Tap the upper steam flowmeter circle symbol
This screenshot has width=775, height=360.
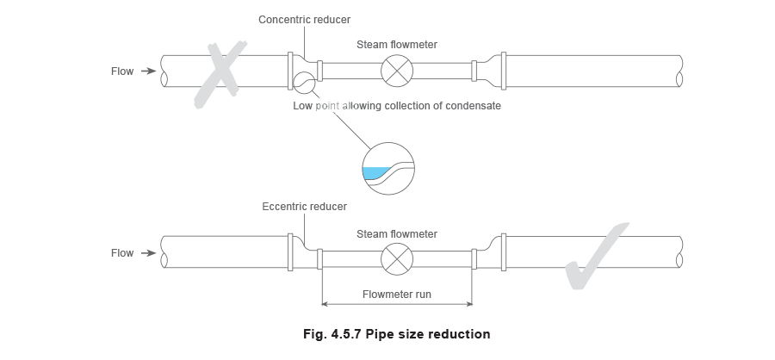[397, 71]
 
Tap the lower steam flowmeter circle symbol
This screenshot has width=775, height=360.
[397, 258]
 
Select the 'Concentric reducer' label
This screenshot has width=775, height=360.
[305, 20]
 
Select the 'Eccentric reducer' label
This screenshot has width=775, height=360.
[305, 207]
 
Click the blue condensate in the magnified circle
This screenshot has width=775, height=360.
[375, 172]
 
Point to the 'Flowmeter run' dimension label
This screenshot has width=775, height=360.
[397, 295]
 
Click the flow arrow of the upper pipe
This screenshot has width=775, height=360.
[148, 71]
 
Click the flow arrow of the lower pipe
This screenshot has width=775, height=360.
[148, 253]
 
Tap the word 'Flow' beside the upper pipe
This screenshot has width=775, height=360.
[122, 71]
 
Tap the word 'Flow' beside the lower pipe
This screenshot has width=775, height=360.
[122, 253]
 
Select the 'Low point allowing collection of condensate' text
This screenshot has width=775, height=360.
[397, 106]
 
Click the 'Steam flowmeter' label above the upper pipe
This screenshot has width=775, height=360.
[397, 45]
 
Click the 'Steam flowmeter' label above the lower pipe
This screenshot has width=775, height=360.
[397, 234]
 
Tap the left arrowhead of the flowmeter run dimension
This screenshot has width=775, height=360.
[325, 304]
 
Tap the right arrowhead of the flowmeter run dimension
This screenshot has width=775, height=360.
[469, 304]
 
